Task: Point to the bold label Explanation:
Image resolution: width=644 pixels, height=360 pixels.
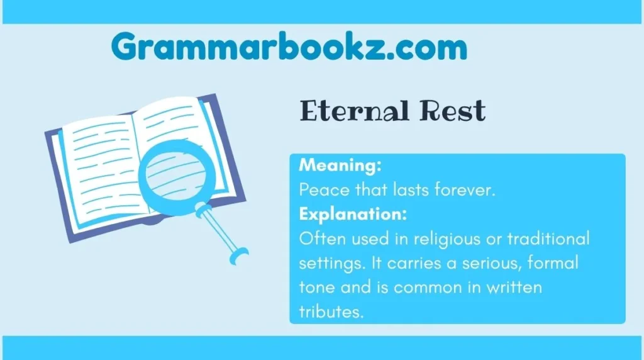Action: pyautogui.click(x=353, y=214)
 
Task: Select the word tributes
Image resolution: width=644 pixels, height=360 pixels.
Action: pyautogui.click(x=331, y=312)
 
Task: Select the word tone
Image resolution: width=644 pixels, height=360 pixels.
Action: pyautogui.click(x=316, y=287)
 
